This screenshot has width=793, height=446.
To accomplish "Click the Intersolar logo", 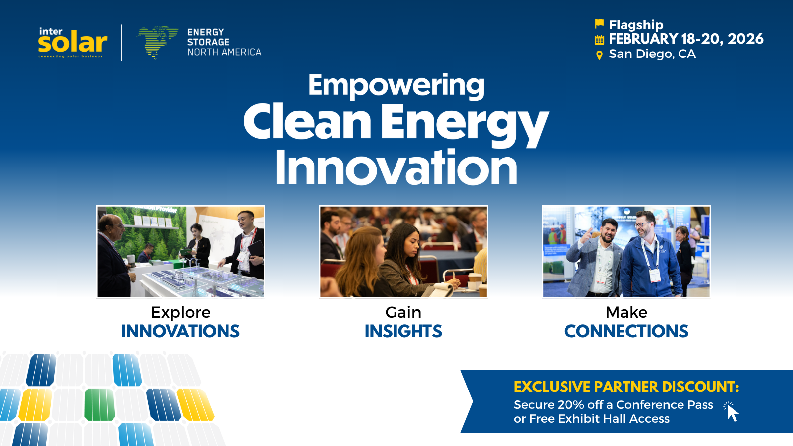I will click(x=72, y=43).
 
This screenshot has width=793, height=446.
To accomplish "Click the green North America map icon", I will click(x=157, y=42).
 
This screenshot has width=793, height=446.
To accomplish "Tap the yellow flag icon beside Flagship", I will click(x=599, y=24).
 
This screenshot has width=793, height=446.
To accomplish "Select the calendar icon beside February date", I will click(x=599, y=40).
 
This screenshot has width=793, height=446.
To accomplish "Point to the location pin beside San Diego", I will click(x=599, y=55).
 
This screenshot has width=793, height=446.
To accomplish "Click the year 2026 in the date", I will click(x=745, y=39).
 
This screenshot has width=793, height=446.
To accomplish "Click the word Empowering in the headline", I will click(x=396, y=85).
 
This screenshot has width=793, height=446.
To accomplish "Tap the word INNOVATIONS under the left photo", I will click(x=180, y=331).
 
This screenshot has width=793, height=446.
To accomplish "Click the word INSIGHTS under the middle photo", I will click(x=403, y=331).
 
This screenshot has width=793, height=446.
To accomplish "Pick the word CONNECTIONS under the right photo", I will click(x=626, y=331).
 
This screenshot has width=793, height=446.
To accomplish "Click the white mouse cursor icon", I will click(x=732, y=412).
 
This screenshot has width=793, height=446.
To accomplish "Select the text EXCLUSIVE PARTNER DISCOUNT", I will click(x=626, y=387).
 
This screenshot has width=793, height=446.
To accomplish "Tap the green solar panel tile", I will click(x=99, y=404).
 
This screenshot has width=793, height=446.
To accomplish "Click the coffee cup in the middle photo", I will click(x=475, y=281).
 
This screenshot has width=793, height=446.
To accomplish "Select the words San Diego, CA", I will click(x=652, y=54).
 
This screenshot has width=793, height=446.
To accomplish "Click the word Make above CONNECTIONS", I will click(x=626, y=312).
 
